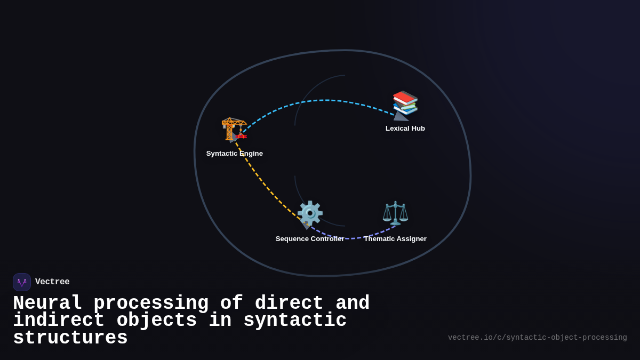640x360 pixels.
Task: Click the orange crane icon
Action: click(234, 129)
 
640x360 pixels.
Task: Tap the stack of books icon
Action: click(405, 103)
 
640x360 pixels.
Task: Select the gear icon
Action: click(310, 213)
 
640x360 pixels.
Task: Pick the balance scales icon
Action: click(395, 213)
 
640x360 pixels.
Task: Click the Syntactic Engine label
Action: click(235, 154)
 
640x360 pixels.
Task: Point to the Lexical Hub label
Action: click(405, 129)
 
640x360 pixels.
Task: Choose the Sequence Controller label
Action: click(310, 238)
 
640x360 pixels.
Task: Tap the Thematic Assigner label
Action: click(395, 238)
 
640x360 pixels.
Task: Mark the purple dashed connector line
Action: click(352, 238)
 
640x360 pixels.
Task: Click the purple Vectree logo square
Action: click(22, 282)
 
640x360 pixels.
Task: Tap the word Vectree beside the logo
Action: click(52, 282)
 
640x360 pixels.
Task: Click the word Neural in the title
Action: click(47, 303)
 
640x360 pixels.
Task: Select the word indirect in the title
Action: click(59, 319)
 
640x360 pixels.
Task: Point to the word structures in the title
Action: click(70, 338)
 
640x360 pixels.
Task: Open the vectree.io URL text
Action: click(538, 338)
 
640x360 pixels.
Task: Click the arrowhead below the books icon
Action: click(401, 116)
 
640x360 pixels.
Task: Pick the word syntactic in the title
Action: click(295, 319)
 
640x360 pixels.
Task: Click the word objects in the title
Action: click(157, 321)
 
